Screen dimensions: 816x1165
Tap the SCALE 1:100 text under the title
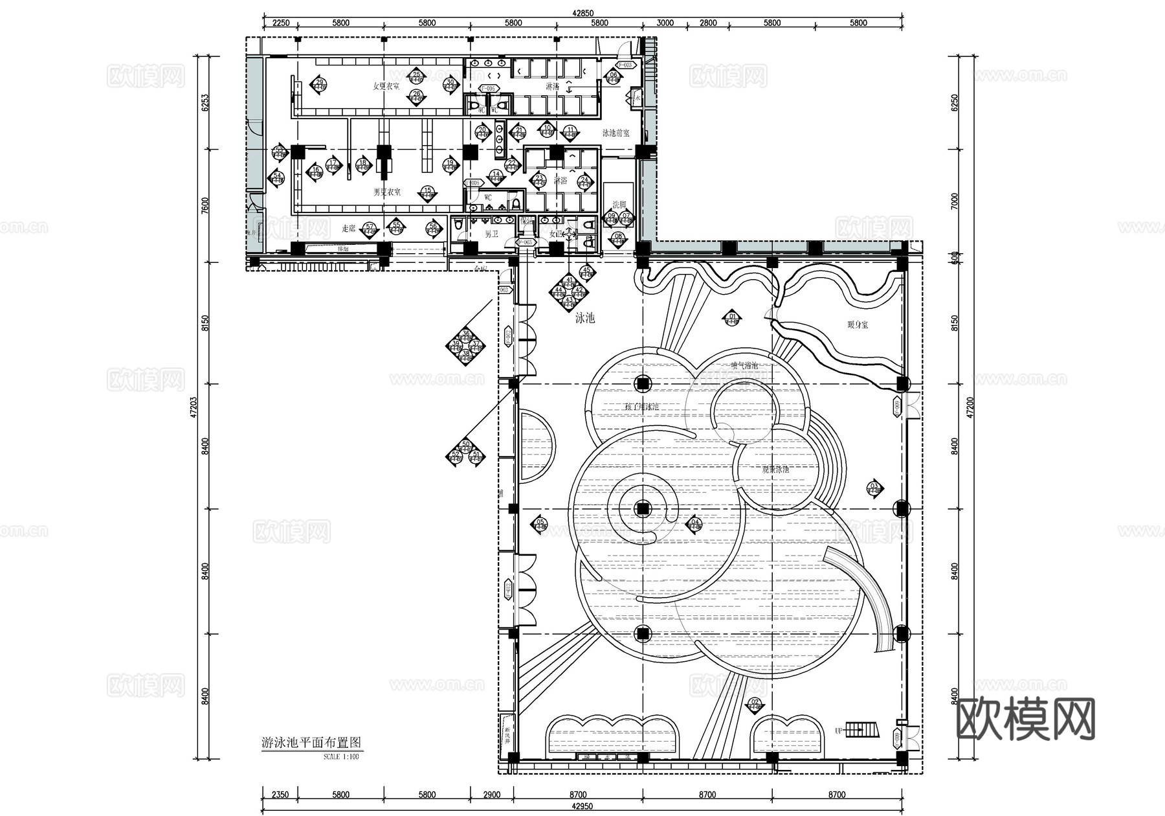click(340, 756)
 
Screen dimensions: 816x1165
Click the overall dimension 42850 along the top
click(582, 13)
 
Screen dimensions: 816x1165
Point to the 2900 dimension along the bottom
click(492, 795)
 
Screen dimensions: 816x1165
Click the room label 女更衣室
click(386, 86)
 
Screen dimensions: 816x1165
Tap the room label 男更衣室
click(386, 192)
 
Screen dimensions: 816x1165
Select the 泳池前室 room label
click(616, 133)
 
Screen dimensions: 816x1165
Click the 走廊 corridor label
click(348, 229)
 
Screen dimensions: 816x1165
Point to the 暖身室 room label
click(858, 324)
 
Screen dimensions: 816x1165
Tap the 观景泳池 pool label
click(775, 469)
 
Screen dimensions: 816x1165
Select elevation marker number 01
click(733, 318)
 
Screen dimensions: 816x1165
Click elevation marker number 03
click(874, 488)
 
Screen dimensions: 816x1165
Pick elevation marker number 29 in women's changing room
click(318, 84)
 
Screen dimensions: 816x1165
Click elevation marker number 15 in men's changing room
click(427, 192)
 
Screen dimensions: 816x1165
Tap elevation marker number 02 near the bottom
click(755, 703)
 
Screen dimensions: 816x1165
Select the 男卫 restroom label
click(492, 234)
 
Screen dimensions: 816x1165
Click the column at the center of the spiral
click(642, 508)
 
